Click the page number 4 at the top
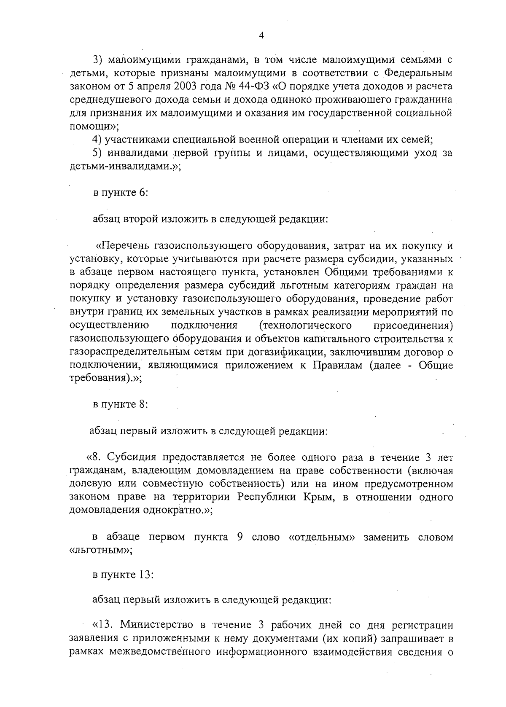pos(261,36)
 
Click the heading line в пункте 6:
pos(120,193)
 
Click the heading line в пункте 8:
pos(120,404)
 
